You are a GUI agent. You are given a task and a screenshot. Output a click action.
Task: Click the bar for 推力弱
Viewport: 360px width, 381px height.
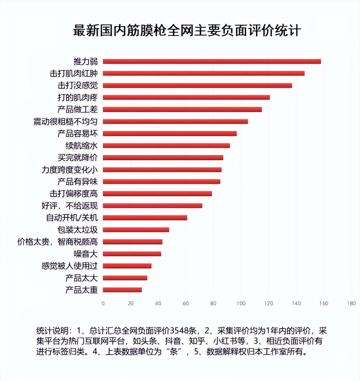click(212, 61)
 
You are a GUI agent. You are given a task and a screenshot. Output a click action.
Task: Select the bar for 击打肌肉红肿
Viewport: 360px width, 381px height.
click(204, 73)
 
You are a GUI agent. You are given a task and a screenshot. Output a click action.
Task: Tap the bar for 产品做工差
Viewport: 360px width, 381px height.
click(182, 109)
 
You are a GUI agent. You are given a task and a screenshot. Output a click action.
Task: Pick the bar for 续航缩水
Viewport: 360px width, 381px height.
click(166, 145)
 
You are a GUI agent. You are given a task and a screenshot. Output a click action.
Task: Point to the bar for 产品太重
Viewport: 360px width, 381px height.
click(122, 290)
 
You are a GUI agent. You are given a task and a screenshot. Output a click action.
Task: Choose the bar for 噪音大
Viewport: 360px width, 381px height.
click(132, 254)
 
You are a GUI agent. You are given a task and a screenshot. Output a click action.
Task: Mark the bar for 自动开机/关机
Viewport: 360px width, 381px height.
click(145, 218)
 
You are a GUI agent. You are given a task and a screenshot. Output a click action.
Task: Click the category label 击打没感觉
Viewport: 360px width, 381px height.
click(78, 85)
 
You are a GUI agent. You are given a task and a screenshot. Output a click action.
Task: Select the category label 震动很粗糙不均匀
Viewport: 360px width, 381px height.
click(65, 121)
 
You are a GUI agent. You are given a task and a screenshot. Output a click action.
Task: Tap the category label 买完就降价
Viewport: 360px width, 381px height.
click(78, 158)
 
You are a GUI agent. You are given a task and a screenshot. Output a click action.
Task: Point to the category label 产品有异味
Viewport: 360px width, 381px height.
click(78, 182)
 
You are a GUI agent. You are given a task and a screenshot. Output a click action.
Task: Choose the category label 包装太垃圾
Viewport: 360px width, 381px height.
click(78, 230)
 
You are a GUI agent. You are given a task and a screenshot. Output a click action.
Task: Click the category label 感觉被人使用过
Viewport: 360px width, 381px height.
click(70, 266)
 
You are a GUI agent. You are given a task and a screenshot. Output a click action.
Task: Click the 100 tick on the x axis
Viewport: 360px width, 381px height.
click(241, 303)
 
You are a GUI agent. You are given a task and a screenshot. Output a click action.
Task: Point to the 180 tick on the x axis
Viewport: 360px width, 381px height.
click(351, 303)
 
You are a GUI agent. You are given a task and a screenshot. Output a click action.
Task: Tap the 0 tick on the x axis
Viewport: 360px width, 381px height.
click(103, 303)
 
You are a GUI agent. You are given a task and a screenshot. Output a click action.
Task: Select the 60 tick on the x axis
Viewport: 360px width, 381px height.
click(186, 303)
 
